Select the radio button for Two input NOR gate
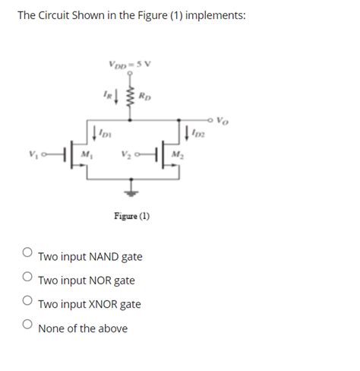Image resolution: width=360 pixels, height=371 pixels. pos(27,277)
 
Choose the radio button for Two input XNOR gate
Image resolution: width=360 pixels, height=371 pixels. pos(27,300)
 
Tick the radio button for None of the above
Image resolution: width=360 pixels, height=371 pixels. pos(27,325)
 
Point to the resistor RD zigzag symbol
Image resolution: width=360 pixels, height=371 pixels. pos(131,97)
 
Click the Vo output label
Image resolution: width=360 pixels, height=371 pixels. pos(222,120)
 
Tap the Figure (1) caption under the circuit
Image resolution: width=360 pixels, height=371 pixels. pos(131,216)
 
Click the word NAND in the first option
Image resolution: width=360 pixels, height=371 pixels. pos(98,257)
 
